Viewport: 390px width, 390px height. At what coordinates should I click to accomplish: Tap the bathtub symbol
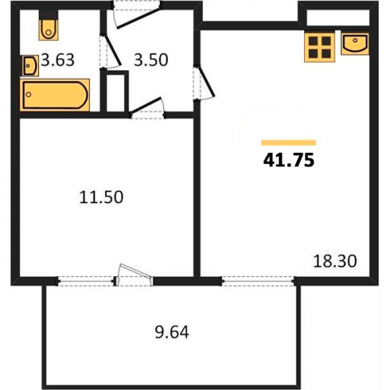click(55, 95)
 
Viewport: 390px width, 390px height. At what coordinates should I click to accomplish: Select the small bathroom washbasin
click(30, 66)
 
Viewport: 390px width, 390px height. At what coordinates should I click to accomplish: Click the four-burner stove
click(320, 48)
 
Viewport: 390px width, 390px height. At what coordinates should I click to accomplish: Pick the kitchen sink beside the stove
click(355, 44)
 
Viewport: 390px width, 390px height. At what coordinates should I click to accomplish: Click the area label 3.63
click(58, 60)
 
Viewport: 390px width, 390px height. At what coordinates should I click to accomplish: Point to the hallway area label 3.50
click(151, 60)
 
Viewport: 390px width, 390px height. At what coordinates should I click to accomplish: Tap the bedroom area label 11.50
click(101, 197)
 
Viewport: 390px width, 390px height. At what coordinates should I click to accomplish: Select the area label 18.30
click(335, 261)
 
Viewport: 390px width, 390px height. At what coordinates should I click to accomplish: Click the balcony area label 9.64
click(172, 332)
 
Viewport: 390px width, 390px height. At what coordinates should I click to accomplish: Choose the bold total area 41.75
click(289, 160)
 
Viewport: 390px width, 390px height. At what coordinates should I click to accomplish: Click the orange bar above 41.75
click(289, 143)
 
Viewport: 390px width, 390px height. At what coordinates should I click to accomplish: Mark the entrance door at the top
click(137, 13)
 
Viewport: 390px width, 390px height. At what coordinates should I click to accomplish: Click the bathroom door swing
click(110, 51)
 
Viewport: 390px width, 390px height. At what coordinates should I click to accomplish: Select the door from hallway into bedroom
click(147, 108)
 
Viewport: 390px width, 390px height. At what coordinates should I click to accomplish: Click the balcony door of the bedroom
click(133, 275)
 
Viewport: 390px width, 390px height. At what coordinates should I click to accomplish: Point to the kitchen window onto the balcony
click(258, 282)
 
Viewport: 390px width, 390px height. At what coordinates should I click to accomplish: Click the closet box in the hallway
click(115, 91)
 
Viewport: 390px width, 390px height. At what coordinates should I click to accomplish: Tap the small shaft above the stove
click(338, 18)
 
